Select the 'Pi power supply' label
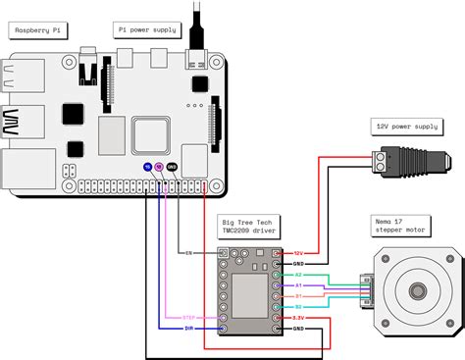146,30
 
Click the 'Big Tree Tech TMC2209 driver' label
249,231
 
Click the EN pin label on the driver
187,253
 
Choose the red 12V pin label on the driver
299,253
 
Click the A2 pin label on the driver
298,276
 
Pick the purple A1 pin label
298,285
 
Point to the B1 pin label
298,295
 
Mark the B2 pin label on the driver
298,306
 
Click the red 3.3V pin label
299,318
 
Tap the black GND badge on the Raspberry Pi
172,168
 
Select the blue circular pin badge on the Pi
148,168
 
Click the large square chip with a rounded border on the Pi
152,133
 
